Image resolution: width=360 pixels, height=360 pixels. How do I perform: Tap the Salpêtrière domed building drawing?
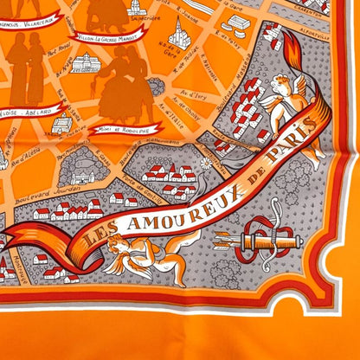point(180,35)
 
